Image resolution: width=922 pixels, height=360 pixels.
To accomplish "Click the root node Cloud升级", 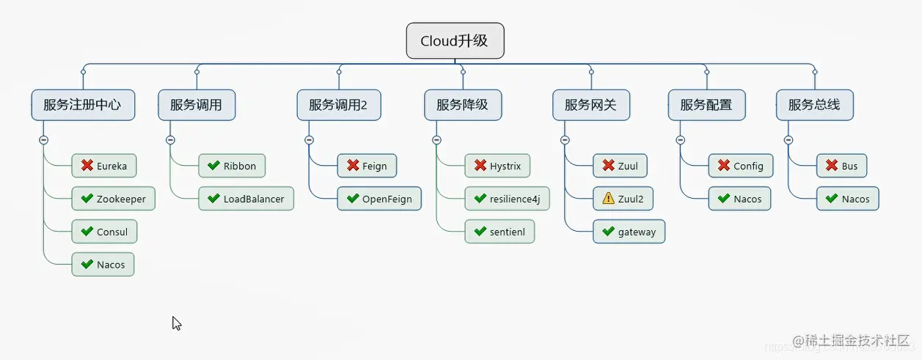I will tap(455, 41).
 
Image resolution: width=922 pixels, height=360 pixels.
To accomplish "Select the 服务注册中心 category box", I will tap(82, 105).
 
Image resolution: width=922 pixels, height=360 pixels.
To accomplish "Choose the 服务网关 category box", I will tap(592, 105).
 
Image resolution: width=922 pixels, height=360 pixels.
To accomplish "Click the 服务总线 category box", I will tap(814, 105).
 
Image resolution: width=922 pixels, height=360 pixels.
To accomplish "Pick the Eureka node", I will tap(104, 166).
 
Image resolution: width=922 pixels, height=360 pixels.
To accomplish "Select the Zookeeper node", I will tap(113, 199).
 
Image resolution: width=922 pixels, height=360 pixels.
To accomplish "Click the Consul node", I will tap(104, 232).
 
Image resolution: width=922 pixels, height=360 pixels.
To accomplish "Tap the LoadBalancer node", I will tap(246, 199).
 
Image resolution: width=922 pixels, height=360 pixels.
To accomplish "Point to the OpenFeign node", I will tap(379, 199).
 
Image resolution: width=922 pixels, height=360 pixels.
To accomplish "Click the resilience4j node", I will tap(507, 199).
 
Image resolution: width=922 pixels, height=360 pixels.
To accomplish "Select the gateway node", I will tap(629, 232).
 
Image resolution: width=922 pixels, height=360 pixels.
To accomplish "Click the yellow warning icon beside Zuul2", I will tap(608, 199).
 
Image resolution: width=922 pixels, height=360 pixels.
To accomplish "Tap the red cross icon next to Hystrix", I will tap(480, 166).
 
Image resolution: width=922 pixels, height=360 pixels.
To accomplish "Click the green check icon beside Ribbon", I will tap(213, 166).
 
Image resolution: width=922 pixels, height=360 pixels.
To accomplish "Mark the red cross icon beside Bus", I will tap(832, 166).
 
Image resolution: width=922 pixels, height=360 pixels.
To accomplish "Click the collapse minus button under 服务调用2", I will tap(309, 139).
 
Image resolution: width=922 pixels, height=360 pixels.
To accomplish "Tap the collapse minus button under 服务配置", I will tap(680, 139).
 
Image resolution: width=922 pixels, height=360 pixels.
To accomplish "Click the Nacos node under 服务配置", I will tap(739, 199).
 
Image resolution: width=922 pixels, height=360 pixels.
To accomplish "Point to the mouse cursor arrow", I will tap(176, 323).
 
